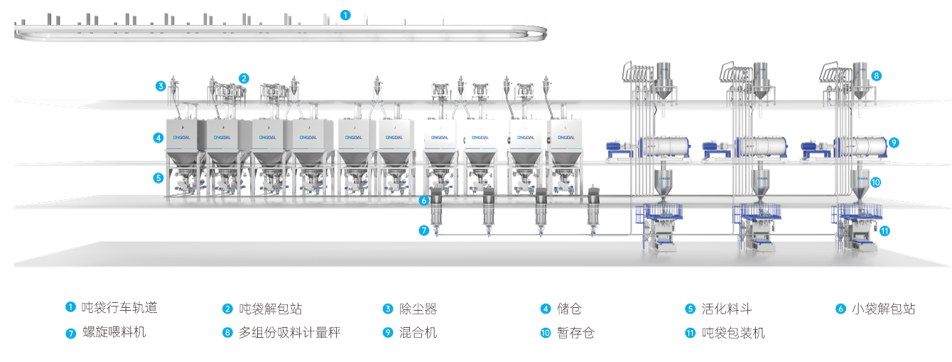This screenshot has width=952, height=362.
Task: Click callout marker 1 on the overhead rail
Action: tap(345, 14)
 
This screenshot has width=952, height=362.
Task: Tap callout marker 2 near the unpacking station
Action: tap(244, 78)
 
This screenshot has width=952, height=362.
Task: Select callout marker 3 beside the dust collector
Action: tap(162, 86)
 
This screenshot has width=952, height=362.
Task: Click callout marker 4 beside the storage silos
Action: tap(158, 138)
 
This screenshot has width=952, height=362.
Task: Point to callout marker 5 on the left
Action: tap(158, 178)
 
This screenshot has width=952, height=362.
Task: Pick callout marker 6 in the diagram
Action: tap(424, 201)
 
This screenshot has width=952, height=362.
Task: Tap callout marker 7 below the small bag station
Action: tap(424, 230)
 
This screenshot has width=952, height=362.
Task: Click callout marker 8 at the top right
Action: tap(877, 75)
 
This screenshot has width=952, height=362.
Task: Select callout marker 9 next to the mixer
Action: tap(894, 142)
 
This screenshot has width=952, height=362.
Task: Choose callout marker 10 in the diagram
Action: tap(875, 182)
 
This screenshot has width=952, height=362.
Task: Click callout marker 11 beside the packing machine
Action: tap(885, 230)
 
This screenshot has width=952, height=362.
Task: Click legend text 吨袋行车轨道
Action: tap(119, 308)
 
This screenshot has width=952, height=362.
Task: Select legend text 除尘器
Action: tap(419, 309)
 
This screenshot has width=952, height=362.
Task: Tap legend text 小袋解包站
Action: tap(884, 309)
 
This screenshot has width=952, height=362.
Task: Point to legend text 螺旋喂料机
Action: tap(114, 332)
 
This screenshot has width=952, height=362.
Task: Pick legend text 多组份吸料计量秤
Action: tap(290, 332)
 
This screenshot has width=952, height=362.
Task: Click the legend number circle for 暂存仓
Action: tap(546, 333)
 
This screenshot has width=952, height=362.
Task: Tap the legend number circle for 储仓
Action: tap(546, 309)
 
